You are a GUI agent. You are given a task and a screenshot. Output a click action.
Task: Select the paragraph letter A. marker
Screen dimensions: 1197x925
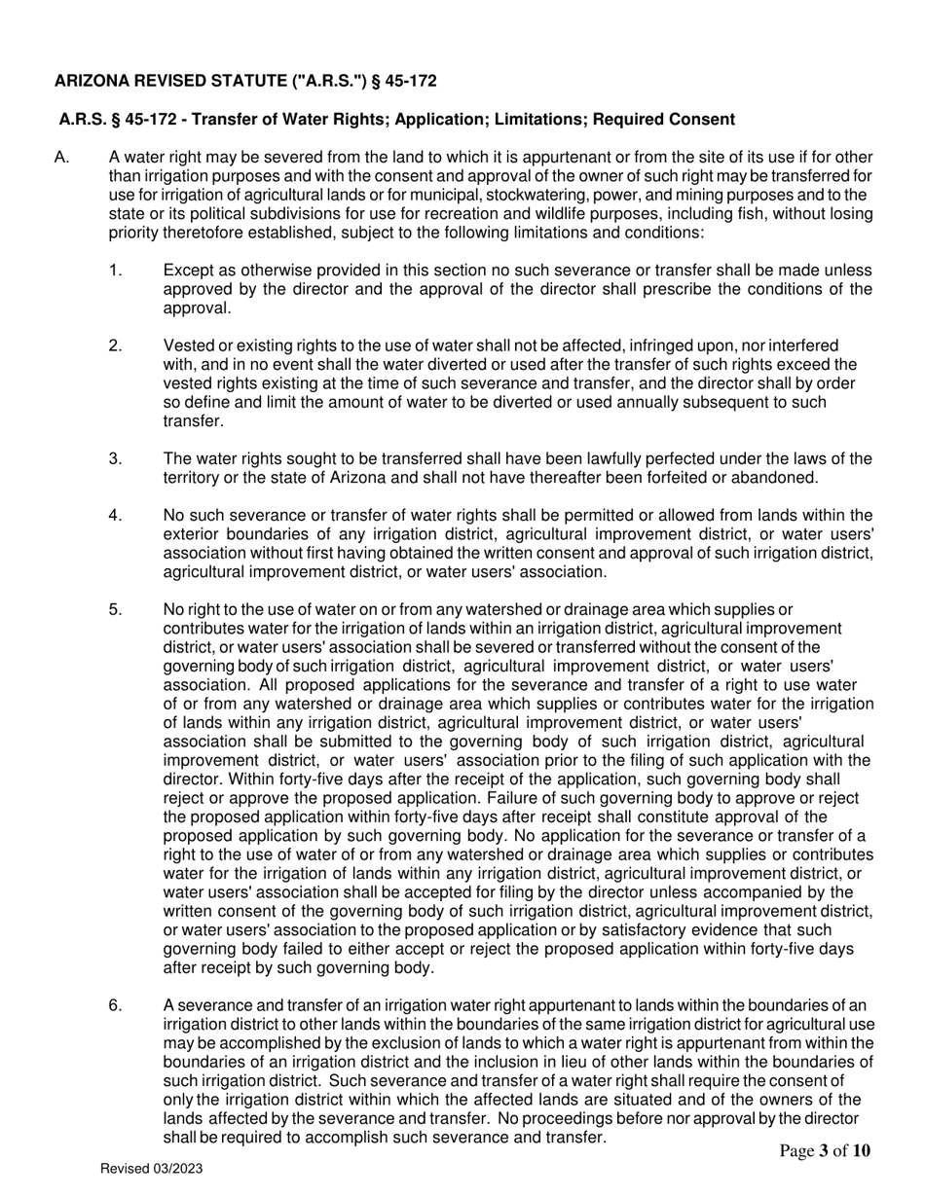coord(62,158)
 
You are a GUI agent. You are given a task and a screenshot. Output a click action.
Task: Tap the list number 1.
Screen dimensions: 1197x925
coord(116,271)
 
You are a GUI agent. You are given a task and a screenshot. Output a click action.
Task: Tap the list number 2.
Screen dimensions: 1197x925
coord(116,345)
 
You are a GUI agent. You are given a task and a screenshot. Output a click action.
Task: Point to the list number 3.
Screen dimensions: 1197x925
coord(116,458)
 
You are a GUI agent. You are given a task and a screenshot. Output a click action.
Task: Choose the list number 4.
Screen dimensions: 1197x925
coord(116,515)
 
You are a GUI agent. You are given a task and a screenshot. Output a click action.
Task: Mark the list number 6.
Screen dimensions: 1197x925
coord(116,1005)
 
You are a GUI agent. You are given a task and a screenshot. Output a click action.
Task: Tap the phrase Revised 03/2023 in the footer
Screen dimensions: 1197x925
coord(152,1169)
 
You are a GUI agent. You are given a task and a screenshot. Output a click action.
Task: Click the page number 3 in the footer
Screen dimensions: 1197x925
coord(824,1152)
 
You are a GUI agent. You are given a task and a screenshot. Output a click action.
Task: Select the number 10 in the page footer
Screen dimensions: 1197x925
coord(862,1152)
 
